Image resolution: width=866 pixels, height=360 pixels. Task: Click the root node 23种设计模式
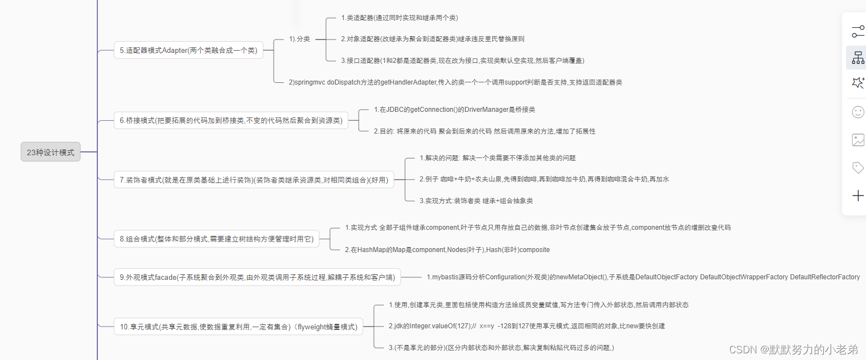coord(51,152)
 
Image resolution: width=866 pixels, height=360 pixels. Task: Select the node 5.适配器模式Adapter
coord(188,50)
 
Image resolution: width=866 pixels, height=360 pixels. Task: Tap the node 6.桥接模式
coord(231,120)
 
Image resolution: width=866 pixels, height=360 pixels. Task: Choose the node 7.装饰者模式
coord(254,179)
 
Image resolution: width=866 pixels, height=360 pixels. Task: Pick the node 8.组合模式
coord(216,239)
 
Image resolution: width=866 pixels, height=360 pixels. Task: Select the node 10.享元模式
coord(239,327)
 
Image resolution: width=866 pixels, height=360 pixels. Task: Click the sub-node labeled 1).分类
coord(299,39)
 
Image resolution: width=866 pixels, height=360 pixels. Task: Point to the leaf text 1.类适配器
coord(399,18)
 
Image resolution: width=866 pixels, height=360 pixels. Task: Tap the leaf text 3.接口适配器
coord(462,60)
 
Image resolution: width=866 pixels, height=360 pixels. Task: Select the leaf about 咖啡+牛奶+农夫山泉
coord(544,179)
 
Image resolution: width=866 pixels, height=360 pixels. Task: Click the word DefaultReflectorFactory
coord(825,277)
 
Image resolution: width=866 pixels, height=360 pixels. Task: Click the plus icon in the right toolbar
coord(858,195)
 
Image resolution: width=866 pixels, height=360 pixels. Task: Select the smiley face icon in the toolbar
coord(858,112)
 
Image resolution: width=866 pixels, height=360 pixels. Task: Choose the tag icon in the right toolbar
coord(858,167)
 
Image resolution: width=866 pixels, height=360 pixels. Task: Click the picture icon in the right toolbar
coord(858,140)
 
